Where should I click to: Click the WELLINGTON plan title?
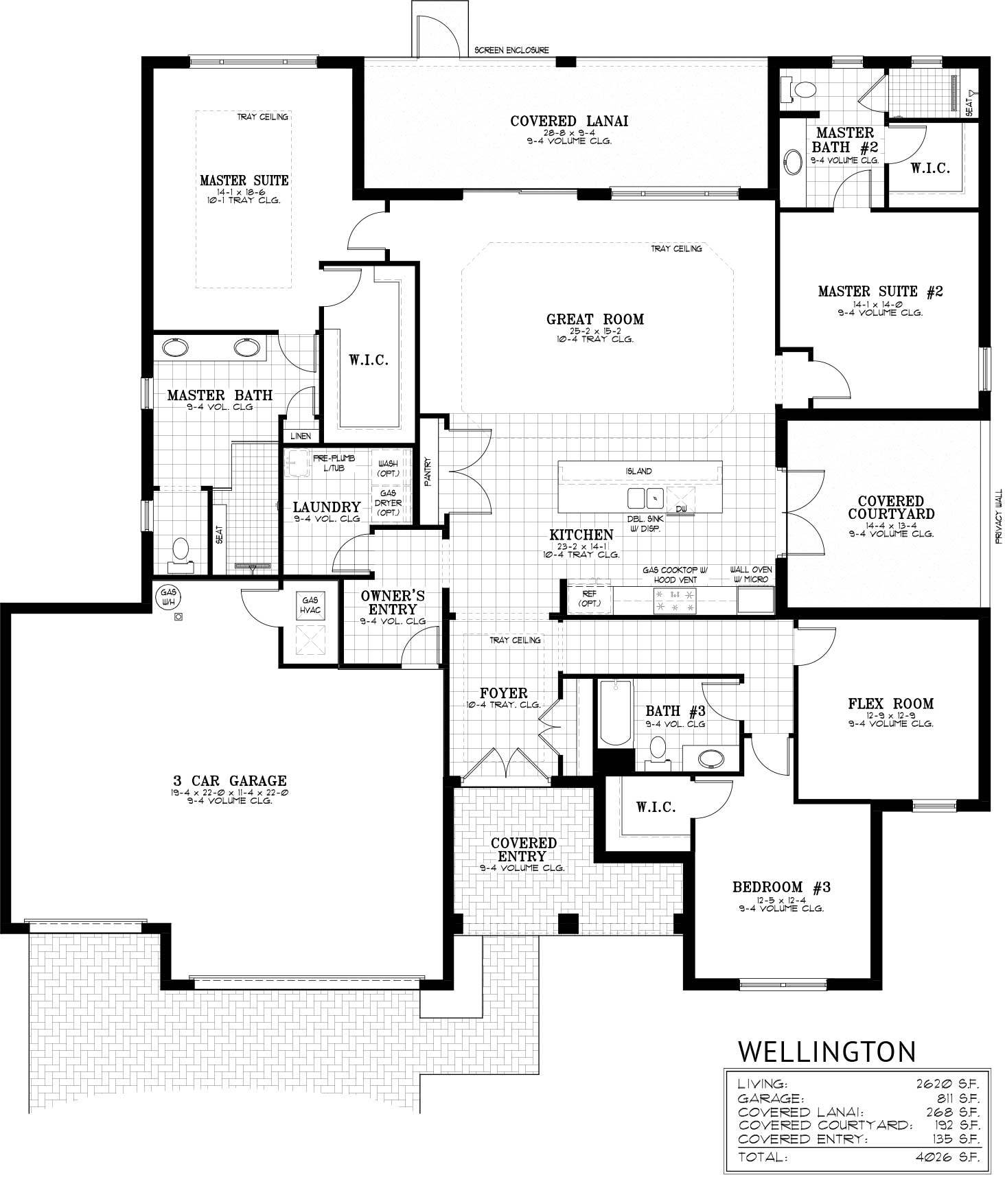(827, 1051)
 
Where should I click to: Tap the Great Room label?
(595, 319)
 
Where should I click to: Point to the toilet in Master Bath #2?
(800, 89)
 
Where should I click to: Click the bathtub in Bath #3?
(615, 712)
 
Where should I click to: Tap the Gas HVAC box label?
(310, 605)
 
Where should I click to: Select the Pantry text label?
(427, 473)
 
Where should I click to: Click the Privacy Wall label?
(999, 516)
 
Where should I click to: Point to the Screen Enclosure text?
(511, 51)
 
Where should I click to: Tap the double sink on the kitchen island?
(645, 496)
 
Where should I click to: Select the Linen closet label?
(301, 436)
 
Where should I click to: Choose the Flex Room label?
(890, 704)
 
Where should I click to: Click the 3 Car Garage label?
(229, 780)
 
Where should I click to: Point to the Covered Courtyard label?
(890, 507)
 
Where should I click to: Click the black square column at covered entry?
(568, 924)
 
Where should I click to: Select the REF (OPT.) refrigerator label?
(589, 599)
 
